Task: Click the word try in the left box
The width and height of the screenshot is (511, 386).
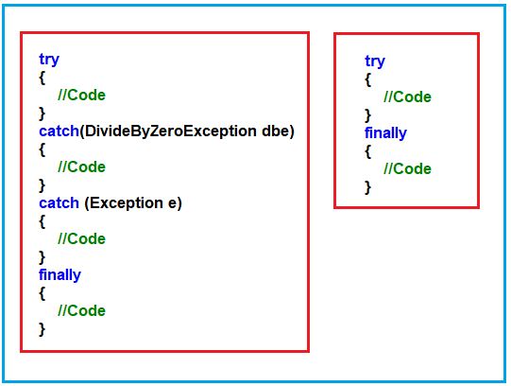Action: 48,59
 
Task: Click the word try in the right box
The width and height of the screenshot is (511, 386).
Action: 374,61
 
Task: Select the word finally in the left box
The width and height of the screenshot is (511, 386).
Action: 60,274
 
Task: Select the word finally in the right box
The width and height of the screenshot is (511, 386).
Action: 385,132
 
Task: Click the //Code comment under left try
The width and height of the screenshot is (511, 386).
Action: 81,95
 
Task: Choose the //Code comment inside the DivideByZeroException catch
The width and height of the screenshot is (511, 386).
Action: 81,167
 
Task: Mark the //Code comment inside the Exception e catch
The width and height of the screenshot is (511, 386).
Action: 81,238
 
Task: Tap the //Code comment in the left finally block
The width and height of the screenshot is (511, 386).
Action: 81,310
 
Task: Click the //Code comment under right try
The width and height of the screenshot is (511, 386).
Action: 407,96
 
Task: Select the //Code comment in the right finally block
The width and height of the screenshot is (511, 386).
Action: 407,168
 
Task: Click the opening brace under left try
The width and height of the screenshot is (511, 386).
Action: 42,77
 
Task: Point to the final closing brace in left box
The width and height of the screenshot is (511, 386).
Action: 42,328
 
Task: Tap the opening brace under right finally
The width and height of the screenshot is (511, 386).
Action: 367,150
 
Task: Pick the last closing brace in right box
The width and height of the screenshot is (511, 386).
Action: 367,186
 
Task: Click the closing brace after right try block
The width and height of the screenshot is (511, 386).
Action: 367,114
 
